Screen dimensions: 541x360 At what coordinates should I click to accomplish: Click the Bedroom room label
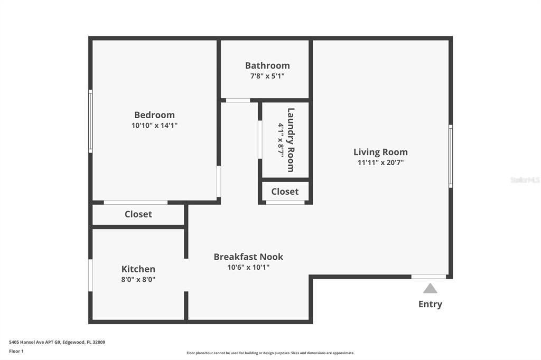coord(154,115)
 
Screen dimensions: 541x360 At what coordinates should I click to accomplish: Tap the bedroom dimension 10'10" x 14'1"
coord(154,125)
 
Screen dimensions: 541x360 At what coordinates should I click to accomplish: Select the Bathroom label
coord(267,65)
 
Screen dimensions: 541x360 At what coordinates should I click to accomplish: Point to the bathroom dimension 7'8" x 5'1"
coord(267,76)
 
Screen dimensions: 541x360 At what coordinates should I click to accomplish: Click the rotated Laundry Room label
coord(291,140)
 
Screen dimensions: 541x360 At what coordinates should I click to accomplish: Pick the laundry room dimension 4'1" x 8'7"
coord(281,140)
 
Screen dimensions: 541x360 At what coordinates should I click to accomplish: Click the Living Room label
coord(380,152)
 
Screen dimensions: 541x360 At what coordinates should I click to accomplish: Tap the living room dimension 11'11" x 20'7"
coord(380,163)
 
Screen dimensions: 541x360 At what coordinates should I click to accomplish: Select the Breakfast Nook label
coord(248,257)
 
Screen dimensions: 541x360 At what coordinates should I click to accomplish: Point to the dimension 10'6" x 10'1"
coord(248,267)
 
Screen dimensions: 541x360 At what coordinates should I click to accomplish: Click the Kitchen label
coord(138,269)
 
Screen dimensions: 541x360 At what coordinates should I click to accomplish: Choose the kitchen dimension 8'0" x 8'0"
coord(138,279)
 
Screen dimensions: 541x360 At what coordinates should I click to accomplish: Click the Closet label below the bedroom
coord(138,214)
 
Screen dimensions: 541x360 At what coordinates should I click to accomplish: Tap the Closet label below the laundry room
coord(285,192)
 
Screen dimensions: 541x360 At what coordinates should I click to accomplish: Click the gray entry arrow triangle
coord(430,289)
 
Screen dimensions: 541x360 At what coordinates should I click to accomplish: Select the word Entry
coord(430,304)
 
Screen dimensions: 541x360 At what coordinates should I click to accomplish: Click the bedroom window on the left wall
coord(90,121)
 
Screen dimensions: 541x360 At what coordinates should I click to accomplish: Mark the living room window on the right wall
coord(451,156)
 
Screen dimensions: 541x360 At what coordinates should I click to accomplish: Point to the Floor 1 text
coord(16,351)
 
